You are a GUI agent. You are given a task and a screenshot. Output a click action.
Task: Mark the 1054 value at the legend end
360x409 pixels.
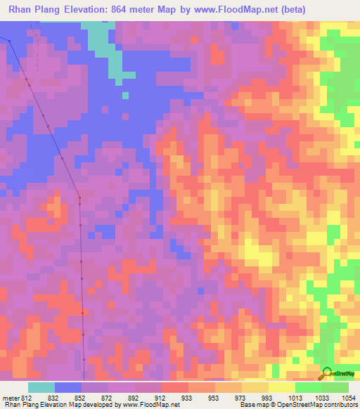click(349, 398)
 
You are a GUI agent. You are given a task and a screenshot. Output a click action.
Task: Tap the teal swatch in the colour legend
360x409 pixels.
click(41, 387)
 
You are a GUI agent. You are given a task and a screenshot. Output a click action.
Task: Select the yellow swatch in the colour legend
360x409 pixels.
click(281, 387)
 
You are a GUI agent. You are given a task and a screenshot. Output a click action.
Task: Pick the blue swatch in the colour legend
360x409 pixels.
click(68, 387)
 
